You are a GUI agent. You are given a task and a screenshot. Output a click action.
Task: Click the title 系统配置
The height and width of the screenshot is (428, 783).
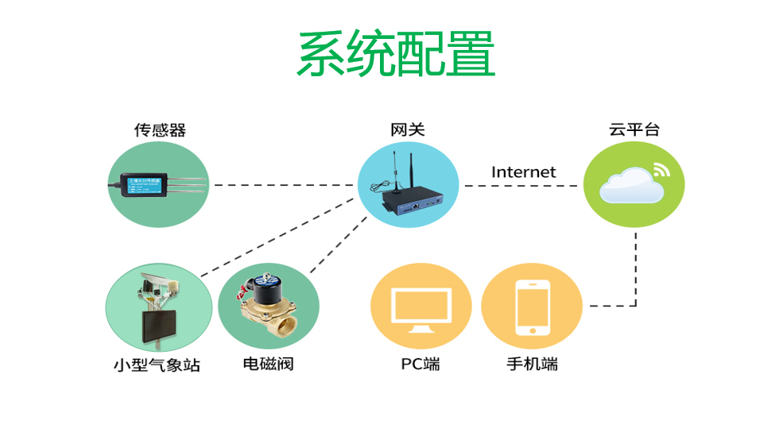[396, 54]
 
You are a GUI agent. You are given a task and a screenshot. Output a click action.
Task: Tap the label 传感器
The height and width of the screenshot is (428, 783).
[160, 129]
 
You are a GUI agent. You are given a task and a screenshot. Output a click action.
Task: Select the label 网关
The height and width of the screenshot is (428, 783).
[407, 129]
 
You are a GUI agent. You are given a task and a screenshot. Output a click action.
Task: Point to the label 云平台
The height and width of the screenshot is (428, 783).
[634, 129]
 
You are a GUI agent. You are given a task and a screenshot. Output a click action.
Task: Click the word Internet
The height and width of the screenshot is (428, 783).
[523, 172]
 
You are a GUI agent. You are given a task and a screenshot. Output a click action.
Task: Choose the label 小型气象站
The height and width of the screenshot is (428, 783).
[157, 365]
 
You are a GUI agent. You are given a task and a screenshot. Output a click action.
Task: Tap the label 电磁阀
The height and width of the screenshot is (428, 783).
[268, 365]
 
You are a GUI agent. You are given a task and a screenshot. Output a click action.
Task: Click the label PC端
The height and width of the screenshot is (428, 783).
[421, 364]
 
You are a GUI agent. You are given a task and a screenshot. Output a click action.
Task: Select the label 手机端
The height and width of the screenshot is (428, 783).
[532, 364]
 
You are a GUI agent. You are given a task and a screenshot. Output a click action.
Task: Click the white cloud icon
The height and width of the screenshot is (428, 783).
[628, 187]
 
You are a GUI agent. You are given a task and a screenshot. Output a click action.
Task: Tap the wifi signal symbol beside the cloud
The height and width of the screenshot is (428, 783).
[661, 169]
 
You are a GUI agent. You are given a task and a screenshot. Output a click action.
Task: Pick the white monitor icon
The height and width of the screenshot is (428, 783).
[421, 310]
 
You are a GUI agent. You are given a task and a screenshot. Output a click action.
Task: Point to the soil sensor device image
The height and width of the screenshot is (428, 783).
[155, 186]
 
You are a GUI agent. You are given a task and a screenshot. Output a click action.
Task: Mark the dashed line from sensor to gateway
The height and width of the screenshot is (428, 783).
[282, 185]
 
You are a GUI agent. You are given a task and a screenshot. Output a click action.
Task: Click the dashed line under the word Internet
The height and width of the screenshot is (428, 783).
[521, 186]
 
